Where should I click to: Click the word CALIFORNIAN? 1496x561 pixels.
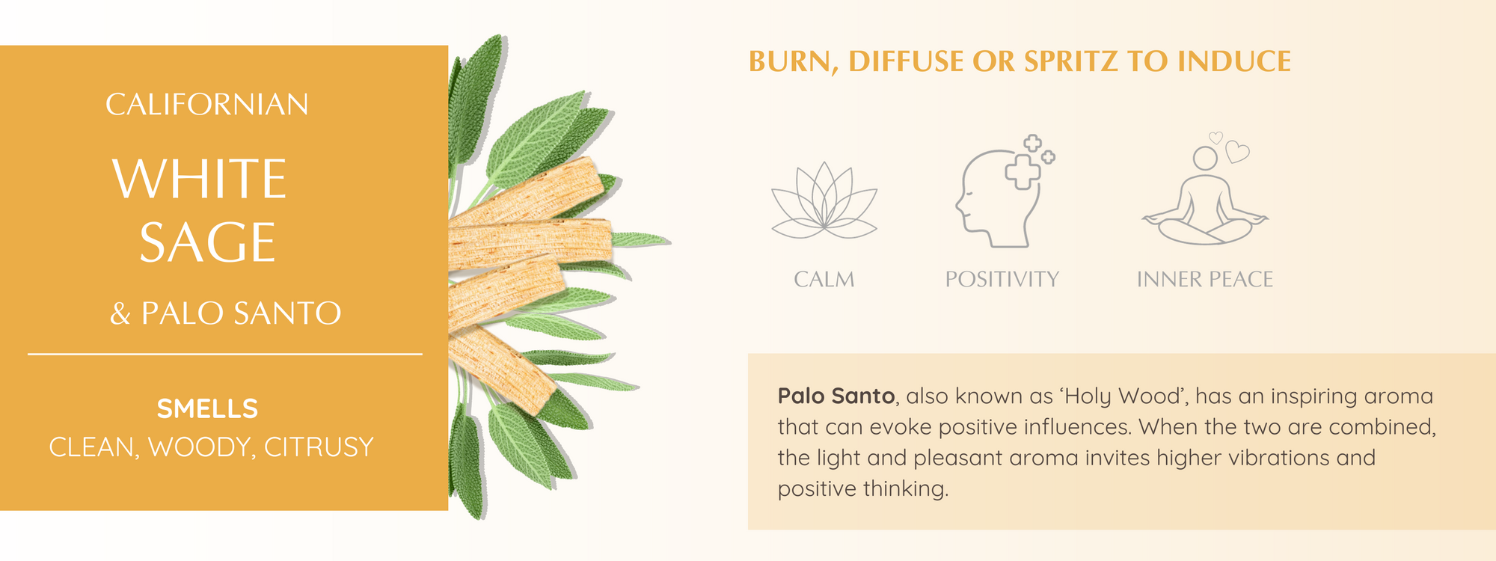coord(207,105)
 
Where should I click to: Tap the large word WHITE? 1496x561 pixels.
coord(200,180)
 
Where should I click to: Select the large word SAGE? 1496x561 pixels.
coord(208,242)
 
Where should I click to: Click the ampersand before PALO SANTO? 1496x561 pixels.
coord(120,313)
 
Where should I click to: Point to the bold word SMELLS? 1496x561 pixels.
coord(207,409)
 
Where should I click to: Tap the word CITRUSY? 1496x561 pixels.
coord(319,447)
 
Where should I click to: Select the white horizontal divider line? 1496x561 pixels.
coord(225,354)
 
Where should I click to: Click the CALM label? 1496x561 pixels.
coord(824,280)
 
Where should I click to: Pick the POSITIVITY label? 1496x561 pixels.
coord(1002,280)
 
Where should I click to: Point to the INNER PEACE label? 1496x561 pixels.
coord(1205,280)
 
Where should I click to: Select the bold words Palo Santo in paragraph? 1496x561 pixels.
coord(836,396)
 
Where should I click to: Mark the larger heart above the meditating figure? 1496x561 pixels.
coord(1237,152)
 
